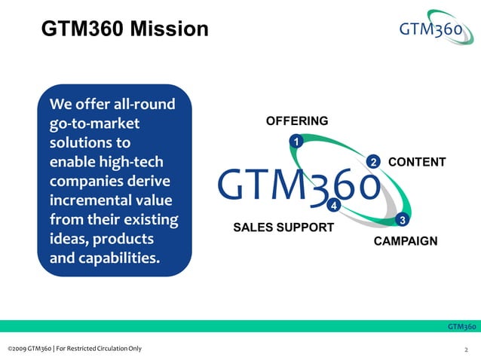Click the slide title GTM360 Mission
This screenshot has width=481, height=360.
pos(124,29)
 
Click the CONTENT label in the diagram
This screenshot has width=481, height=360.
pos(416,162)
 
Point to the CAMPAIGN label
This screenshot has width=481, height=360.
pos(406,241)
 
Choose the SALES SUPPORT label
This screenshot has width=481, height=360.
pos(283,227)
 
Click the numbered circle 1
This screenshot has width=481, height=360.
pos(296,142)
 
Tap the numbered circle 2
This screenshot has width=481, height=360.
pos(372,162)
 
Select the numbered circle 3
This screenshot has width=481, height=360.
pos(403,220)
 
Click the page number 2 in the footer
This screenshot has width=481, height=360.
pos(467,349)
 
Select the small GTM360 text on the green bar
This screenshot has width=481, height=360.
pos(461,326)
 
